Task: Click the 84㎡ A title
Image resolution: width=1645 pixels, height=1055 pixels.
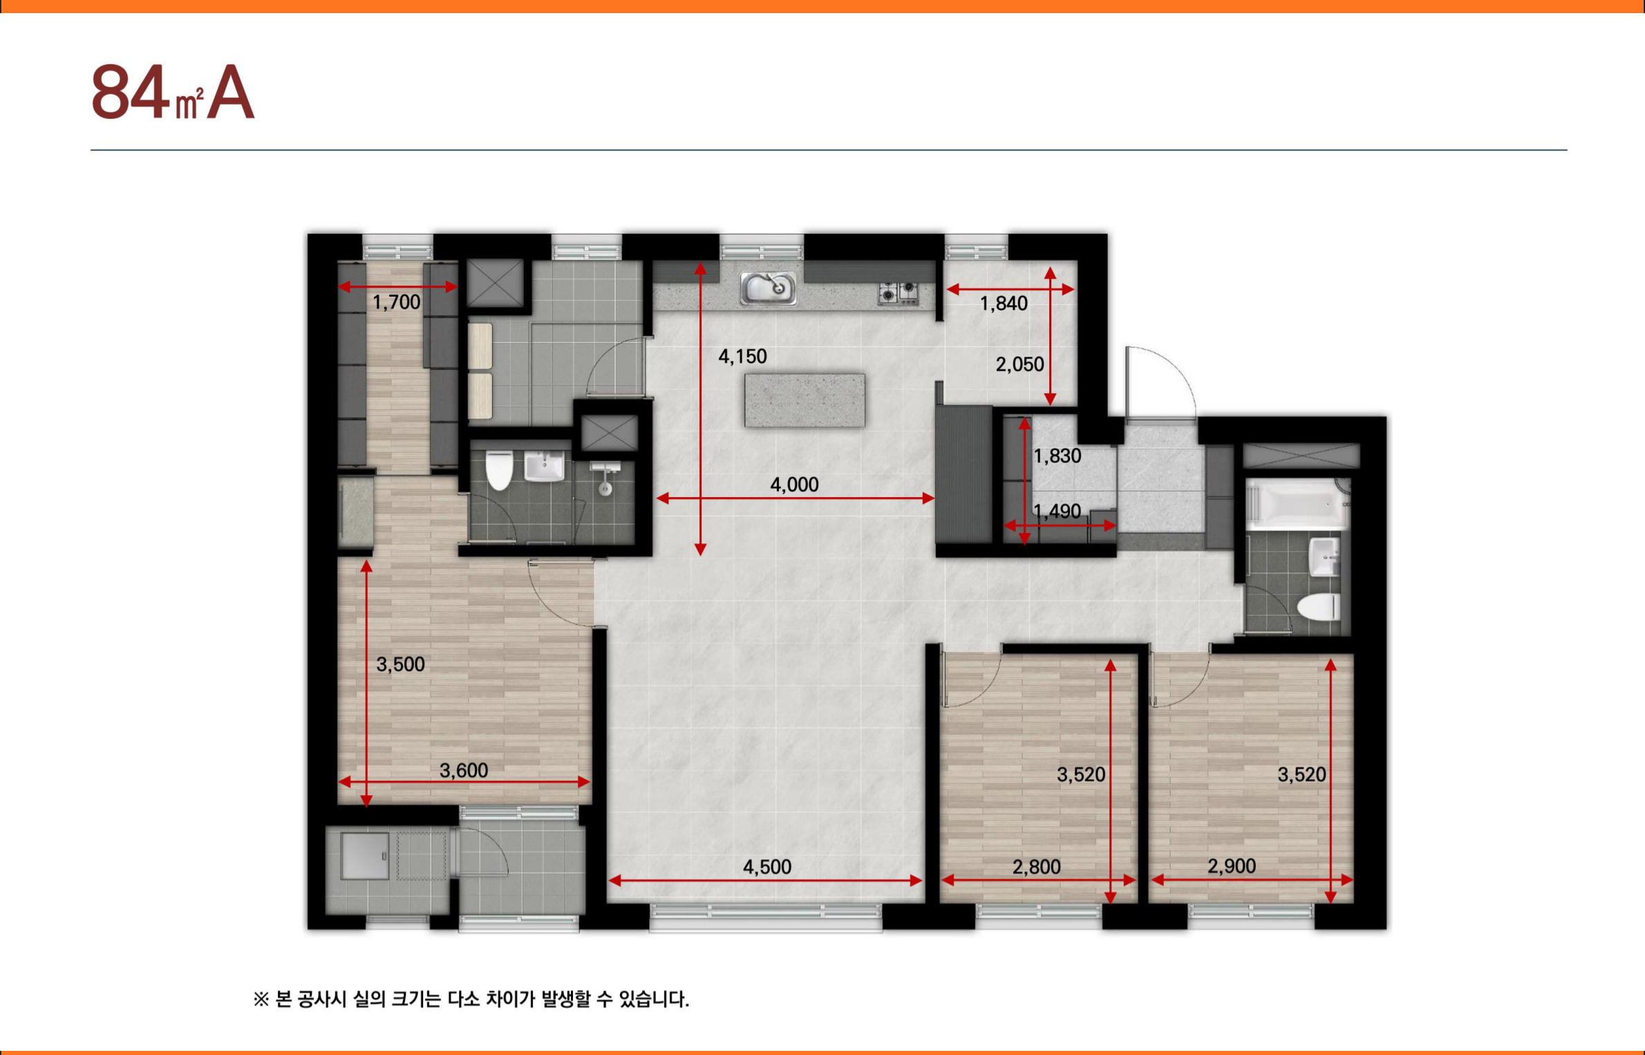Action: click(x=173, y=92)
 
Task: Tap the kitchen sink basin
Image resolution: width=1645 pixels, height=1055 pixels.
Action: click(x=767, y=288)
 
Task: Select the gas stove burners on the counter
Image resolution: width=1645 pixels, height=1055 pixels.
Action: click(x=898, y=293)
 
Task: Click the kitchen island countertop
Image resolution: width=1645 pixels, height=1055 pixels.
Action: click(x=805, y=400)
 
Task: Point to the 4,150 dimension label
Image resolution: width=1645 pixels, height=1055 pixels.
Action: click(x=742, y=356)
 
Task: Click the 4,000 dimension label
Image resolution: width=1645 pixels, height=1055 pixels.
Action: click(x=794, y=484)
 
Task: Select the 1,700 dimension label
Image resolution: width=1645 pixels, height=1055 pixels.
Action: click(x=396, y=301)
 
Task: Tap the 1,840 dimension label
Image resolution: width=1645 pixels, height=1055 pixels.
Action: click(x=1004, y=303)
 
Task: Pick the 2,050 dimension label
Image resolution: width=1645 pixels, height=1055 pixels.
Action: click(x=1019, y=364)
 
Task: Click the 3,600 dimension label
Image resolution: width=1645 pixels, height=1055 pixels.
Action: click(x=464, y=769)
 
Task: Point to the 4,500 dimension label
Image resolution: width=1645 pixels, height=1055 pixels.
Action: click(x=767, y=866)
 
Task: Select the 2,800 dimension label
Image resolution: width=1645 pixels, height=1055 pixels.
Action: click(x=1036, y=866)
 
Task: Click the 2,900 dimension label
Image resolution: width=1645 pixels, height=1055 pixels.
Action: click(x=1232, y=866)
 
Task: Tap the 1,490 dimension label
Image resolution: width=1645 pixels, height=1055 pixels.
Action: click(x=1057, y=511)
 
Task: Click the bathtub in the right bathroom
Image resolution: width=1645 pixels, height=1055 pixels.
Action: click(x=1297, y=503)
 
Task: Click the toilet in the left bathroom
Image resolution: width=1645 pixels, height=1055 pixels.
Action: click(x=499, y=470)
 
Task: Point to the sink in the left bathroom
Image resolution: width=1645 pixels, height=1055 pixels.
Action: click(x=544, y=465)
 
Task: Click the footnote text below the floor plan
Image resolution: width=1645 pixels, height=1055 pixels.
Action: click(x=471, y=999)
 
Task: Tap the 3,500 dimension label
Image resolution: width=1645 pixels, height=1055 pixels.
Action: click(x=400, y=664)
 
